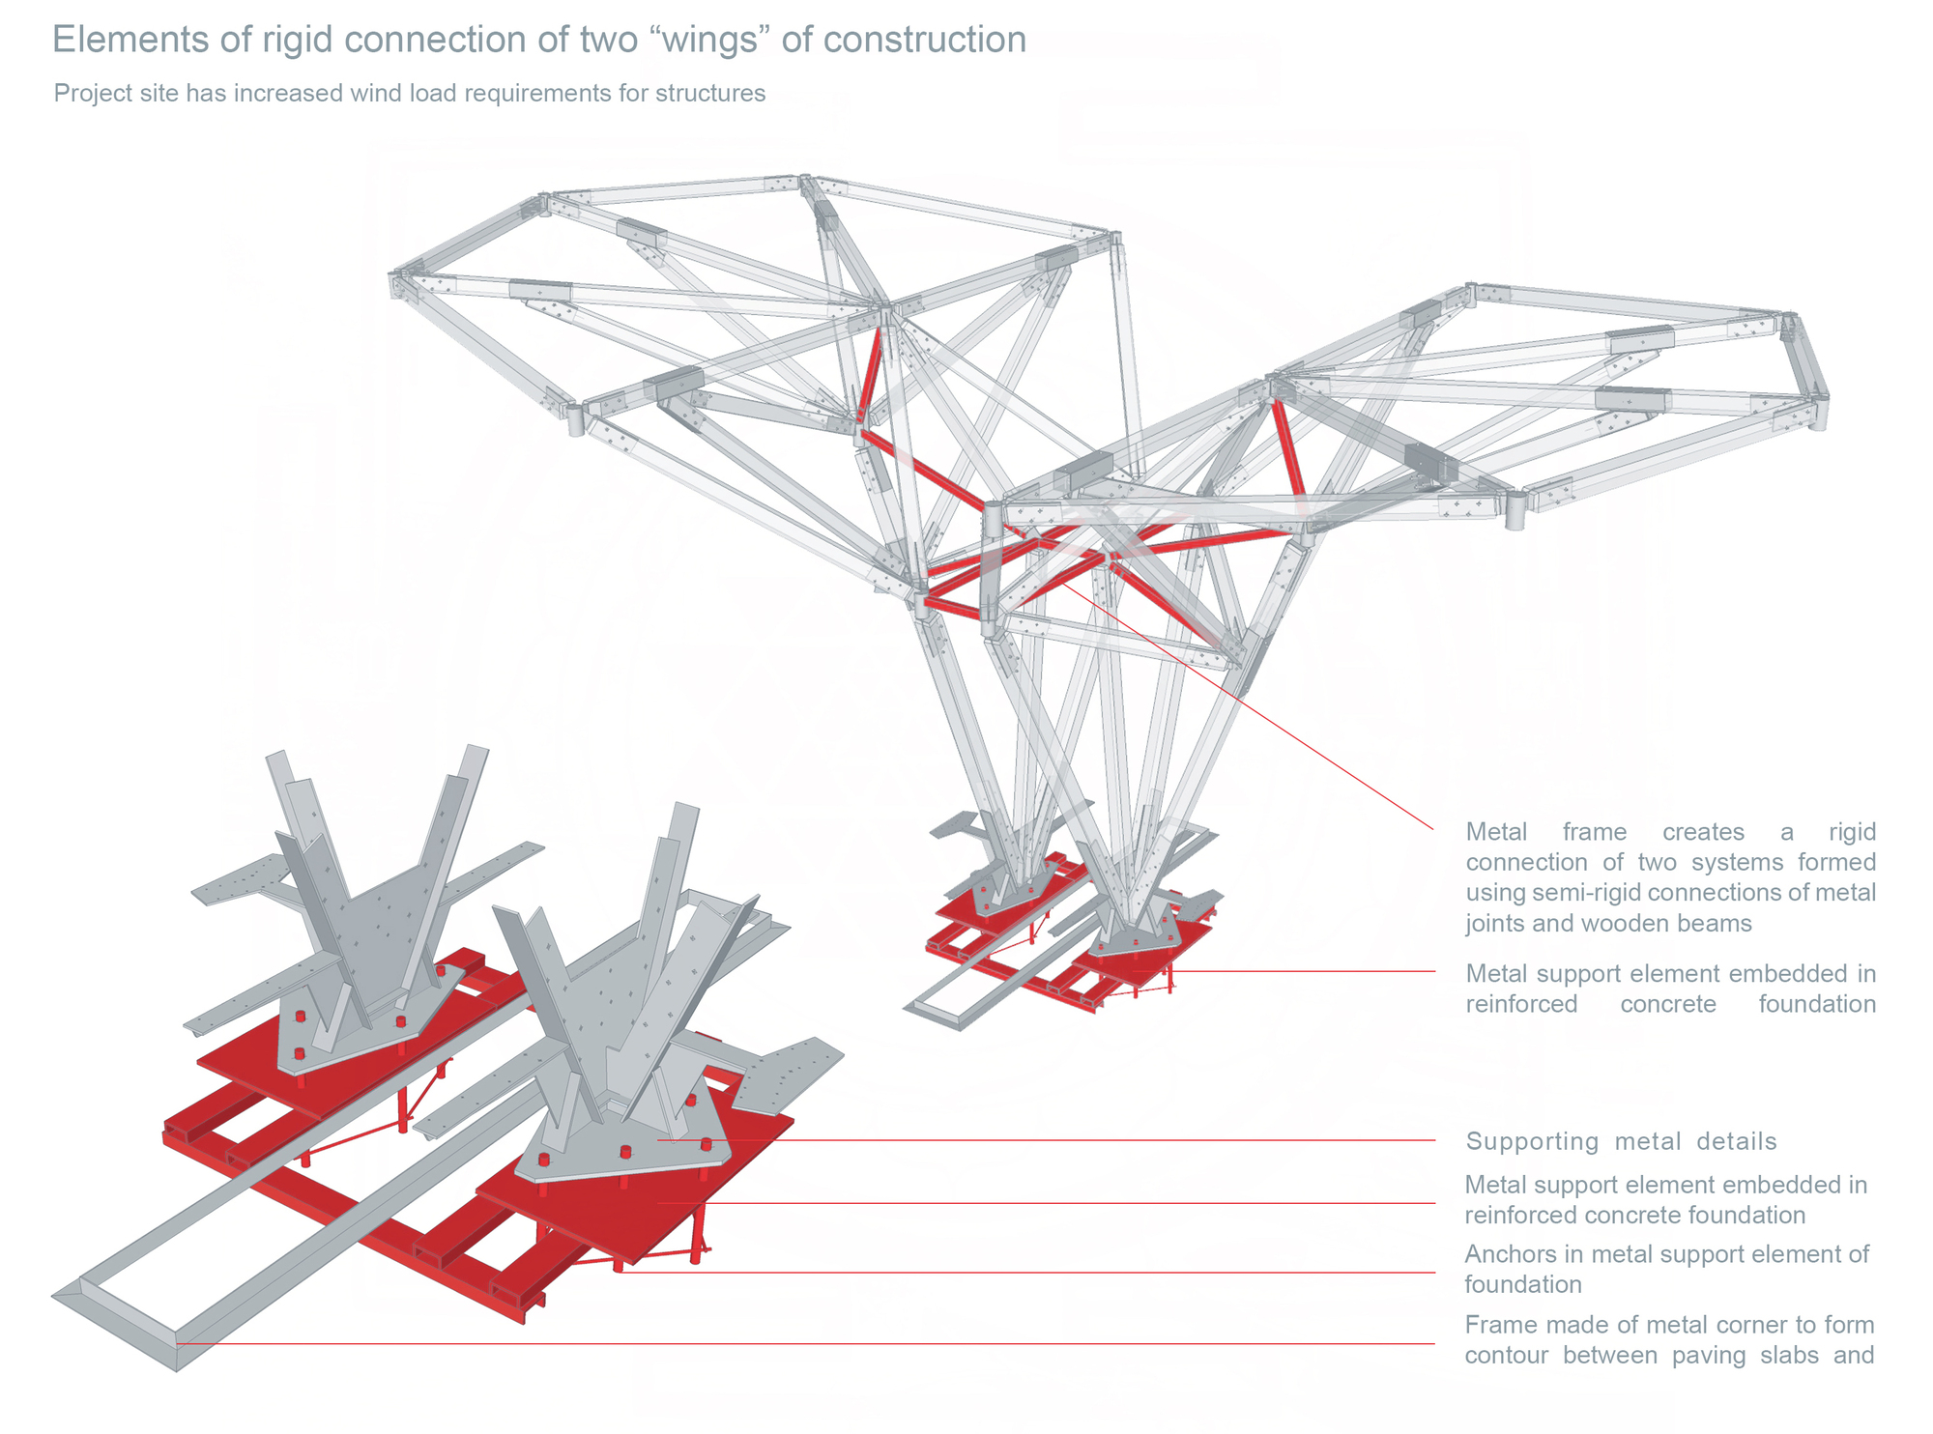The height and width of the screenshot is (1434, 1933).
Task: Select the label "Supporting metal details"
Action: [x=1621, y=1141]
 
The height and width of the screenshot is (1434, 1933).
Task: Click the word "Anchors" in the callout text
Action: [x=1509, y=1254]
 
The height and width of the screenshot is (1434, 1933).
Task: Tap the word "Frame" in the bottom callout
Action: [x=1497, y=1325]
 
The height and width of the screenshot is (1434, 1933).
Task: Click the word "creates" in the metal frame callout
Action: [x=1702, y=832]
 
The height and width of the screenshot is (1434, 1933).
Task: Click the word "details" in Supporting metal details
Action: [x=1737, y=1141]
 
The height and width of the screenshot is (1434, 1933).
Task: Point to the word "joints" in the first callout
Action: [x=1495, y=924]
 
